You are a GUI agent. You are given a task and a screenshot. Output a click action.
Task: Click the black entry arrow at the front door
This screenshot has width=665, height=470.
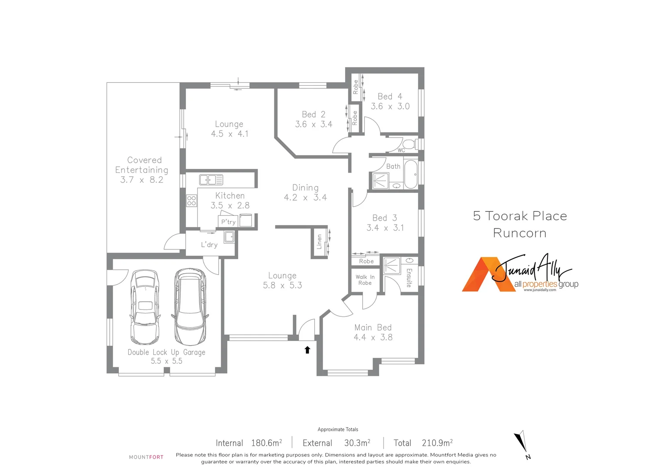307,349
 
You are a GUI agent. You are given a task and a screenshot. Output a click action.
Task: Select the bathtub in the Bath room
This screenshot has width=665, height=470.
410,174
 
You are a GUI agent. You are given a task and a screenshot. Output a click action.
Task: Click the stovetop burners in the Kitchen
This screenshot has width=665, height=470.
191,201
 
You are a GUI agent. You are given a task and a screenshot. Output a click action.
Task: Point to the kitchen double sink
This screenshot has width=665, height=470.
211,179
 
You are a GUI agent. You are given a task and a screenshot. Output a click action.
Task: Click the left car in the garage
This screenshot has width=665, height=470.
145,307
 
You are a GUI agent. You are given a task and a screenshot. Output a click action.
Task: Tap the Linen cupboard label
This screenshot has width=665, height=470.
319,242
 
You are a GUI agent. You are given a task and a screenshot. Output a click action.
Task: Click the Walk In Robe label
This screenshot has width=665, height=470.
365,280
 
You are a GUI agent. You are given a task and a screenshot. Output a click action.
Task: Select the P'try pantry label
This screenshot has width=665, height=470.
228,222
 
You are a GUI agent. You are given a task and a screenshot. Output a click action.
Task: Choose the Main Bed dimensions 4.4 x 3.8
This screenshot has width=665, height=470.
373,337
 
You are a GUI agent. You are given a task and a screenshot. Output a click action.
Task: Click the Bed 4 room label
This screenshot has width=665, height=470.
390,96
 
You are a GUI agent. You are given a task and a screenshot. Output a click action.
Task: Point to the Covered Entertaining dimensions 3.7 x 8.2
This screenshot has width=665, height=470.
142,180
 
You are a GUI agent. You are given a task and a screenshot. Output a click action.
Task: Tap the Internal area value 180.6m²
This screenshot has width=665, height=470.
266,443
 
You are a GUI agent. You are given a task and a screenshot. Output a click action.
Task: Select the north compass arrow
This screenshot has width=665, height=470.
521,442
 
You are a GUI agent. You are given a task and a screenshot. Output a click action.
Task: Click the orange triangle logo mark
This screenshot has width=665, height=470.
480,277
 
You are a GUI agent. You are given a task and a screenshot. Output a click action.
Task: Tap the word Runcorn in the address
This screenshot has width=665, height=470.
520,233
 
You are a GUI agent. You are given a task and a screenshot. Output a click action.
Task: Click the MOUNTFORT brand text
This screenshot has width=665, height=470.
146,457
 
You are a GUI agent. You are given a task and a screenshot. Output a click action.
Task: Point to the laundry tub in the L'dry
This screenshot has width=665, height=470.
229,237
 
